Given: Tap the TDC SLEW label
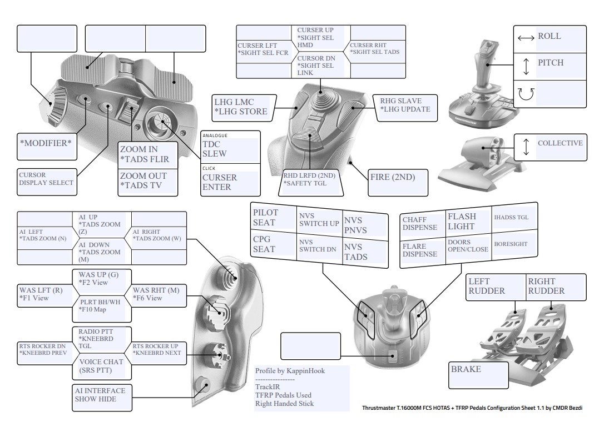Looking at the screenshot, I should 229,148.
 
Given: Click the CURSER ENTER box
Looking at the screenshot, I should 229,182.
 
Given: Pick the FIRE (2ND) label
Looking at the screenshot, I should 392,178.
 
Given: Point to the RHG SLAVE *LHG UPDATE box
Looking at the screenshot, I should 404,105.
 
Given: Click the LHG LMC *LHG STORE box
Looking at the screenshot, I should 241,107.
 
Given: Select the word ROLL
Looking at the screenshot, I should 549,37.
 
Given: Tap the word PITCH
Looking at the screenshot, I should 550,63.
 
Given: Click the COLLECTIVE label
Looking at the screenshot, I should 560,143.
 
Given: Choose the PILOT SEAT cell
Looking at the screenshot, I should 272,218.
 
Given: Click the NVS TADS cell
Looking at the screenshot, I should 363,252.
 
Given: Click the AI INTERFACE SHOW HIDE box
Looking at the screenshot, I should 100,395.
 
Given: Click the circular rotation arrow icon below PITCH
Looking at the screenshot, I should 525,94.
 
